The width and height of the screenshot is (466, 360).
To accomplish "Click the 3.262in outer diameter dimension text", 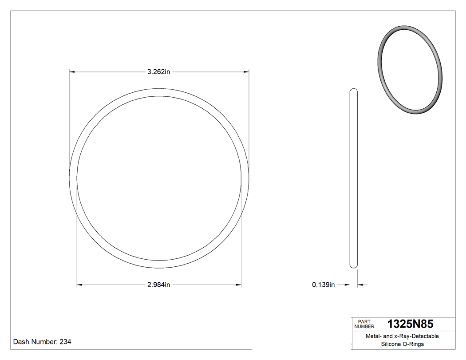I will click(x=159, y=71).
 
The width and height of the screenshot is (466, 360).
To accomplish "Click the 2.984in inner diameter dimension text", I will click(x=159, y=285).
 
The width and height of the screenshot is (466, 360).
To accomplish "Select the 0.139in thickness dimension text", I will click(x=323, y=285).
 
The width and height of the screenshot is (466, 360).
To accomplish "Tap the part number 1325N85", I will click(x=410, y=324).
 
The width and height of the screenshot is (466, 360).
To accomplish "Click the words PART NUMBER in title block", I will click(x=364, y=324).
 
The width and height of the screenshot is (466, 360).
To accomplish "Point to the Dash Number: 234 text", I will click(x=42, y=342).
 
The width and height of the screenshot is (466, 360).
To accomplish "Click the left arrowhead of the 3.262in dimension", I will click(x=71, y=71).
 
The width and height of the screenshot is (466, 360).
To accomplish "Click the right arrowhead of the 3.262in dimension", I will click(x=246, y=71).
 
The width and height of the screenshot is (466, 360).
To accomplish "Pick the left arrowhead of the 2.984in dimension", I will click(x=79, y=285).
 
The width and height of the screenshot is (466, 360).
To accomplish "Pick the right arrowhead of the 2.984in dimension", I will click(x=239, y=285).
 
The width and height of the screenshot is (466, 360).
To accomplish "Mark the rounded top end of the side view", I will click(x=354, y=91).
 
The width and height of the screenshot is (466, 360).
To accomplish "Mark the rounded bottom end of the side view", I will click(x=354, y=266).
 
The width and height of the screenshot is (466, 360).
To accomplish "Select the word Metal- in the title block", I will click(x=373, y=336).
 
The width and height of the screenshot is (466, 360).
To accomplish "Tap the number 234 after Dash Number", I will click(x=65, y=342).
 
